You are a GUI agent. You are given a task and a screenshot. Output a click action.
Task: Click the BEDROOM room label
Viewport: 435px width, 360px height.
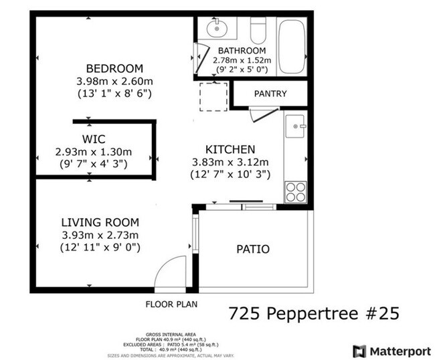(x=114, y=68)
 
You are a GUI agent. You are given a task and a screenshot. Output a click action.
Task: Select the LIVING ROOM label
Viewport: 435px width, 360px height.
(x=100, y=223)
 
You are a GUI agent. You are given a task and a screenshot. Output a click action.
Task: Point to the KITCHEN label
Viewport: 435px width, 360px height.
(x=230, y=149)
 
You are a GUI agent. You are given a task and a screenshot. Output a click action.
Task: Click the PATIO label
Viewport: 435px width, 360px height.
(x=253, y=250)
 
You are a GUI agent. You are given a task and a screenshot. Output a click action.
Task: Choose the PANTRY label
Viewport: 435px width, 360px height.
(x=270, y=94)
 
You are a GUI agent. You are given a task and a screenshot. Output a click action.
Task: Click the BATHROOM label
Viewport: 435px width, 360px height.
(x=242, y=51)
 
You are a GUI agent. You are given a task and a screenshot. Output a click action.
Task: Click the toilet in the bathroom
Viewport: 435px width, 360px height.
(x=258, y=29)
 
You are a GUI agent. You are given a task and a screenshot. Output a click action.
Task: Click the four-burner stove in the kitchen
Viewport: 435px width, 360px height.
(x=296, y=193)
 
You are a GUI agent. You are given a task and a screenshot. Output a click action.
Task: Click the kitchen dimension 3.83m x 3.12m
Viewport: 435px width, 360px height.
(x=229, y=162)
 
